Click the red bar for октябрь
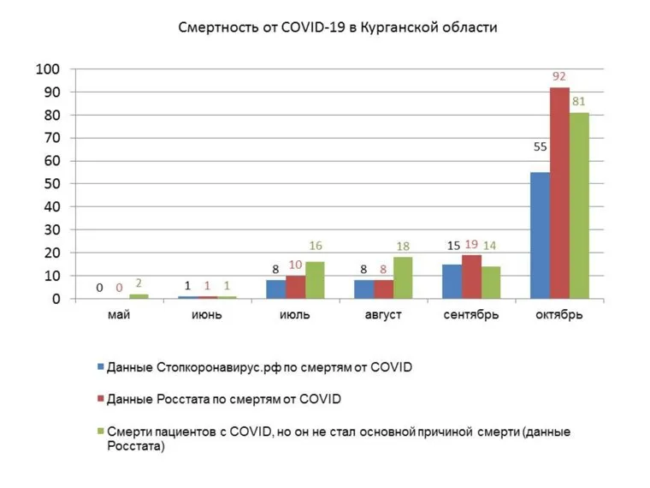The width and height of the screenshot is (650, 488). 559,193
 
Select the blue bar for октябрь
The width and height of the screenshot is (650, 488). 540,235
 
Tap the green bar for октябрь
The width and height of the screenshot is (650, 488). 579,205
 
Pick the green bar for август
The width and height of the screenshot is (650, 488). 403,278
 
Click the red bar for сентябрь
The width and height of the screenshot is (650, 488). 471,277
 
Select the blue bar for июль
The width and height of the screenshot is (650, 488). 275,289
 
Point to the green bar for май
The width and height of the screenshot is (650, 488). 138,296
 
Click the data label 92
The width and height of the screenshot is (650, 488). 559,78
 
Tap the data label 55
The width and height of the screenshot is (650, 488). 540,147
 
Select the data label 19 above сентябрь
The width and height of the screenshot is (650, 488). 471,246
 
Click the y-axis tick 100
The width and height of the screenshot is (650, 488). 47,68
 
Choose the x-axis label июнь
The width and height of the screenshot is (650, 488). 206,315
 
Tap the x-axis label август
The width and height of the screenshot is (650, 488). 382,315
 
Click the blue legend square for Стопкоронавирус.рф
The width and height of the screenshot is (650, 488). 100,367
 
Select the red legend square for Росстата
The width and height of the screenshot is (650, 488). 100,399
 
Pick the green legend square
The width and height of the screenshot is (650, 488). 100,431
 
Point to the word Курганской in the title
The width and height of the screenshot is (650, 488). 406,27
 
